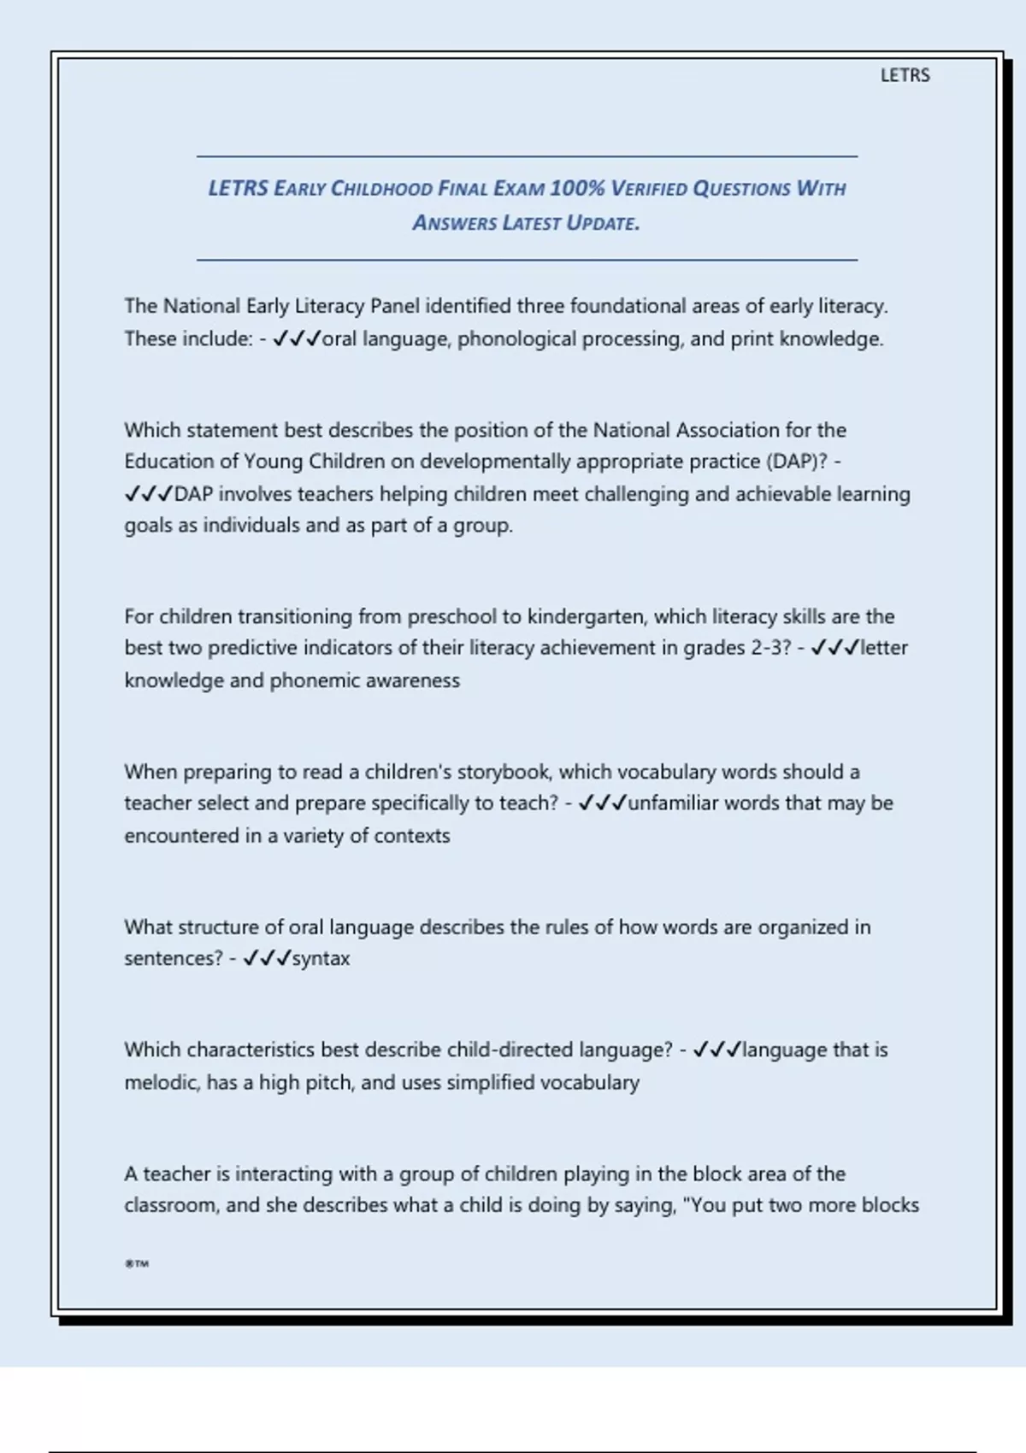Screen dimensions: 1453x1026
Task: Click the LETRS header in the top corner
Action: coord(905,75)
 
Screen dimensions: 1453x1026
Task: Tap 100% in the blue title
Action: coord(577,188)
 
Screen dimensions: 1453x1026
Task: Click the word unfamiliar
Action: coord(674,803)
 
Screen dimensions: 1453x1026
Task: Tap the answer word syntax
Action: coord(321,958)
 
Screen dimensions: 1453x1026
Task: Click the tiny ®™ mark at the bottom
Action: coord(137,1263)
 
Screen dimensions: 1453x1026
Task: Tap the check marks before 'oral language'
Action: coord(296,339)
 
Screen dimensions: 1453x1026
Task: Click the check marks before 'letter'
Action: coord(834,648)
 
